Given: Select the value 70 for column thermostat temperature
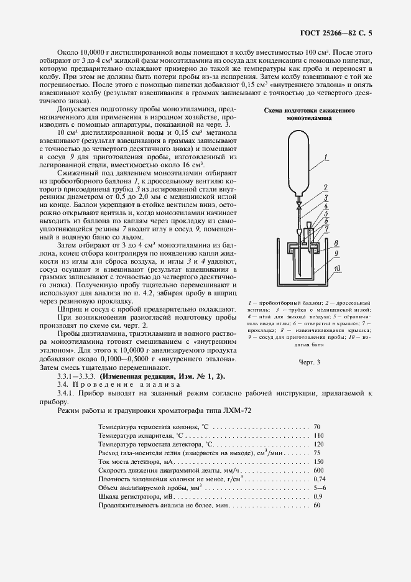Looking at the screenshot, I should pos(317,427).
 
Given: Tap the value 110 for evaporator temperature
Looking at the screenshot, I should pos(319,436).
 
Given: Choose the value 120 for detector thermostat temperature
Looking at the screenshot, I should pos(319,445).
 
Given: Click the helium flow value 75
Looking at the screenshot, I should pos(317,454).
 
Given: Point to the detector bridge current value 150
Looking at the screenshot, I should pos(319,463).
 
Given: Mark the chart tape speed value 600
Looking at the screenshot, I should pos(319,472).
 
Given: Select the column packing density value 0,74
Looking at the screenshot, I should pos(320,481).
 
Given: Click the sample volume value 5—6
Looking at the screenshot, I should pos(320,489).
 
